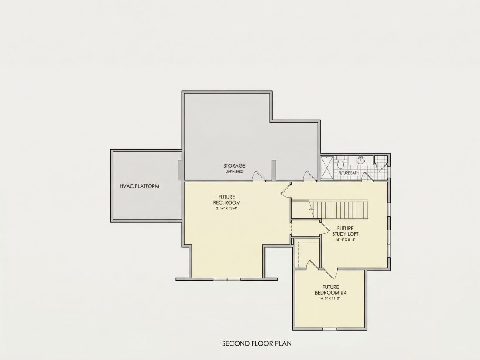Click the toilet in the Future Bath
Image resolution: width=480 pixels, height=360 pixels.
tap(340, 164)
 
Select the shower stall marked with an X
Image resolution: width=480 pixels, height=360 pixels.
tap(328, 168)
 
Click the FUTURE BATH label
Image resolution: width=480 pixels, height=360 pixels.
tap(348, 173)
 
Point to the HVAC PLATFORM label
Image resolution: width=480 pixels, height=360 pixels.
tap(139, 186)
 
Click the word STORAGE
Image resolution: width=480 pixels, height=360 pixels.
tap(234, 166)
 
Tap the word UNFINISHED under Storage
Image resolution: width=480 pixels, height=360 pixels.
tap(234, 172)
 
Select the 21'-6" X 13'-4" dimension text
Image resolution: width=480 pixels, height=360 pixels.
tap(226, 209)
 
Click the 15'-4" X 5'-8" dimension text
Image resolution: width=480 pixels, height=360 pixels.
tap(345, 240)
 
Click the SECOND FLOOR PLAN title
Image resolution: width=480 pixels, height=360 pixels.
tap(257, 343)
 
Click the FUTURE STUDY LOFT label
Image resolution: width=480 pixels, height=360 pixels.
tap(345, 231)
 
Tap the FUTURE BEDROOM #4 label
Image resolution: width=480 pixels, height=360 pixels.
tap(331, 290)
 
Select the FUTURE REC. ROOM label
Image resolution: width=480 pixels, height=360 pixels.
tap(227, 199)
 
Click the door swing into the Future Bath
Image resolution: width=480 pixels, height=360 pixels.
tap(367, 176)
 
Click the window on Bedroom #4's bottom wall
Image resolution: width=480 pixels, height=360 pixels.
tap(329, 329)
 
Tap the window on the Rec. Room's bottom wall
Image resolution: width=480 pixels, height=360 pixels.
tap(227, 279)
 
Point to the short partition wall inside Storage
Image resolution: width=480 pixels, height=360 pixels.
tap(274, 170)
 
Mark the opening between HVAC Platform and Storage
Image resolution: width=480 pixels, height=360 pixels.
tap(181, 170)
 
